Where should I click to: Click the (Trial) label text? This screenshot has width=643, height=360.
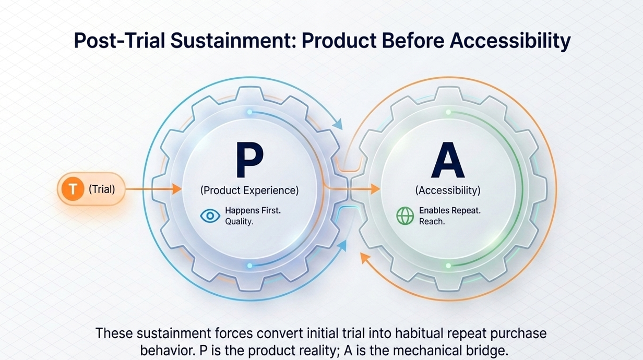click(101, 189)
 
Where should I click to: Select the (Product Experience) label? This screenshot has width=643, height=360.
click(249, 190)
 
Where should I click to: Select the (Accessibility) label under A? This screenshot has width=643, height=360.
click(448, 190)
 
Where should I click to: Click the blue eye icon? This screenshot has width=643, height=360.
click(210, 216)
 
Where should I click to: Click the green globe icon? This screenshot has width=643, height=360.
click(405, 216)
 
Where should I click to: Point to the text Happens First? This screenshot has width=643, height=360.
click(253, 211)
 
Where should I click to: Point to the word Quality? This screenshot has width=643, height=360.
click(240, 222)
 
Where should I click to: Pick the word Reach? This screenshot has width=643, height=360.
click(432, 222)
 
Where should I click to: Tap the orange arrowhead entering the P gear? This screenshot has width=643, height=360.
click(175, 189)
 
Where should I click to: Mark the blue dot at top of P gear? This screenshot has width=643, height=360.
click(249, 112)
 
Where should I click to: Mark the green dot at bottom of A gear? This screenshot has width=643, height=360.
click(448, 266)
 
